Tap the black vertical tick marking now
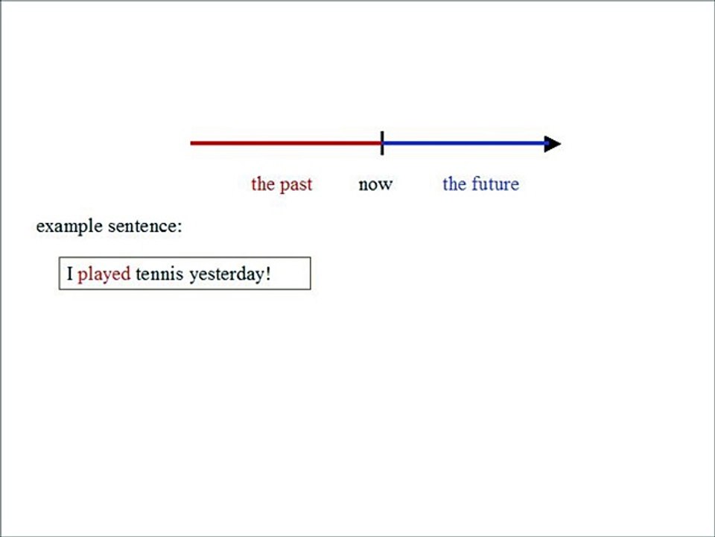(x=382, y=142)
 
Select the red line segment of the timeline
(x=286, y=142)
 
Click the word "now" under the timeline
(x=375, y=184)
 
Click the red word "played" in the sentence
(x=104, y=274)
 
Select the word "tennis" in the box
(x=159, y=274)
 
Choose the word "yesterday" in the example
(x=226, y=274)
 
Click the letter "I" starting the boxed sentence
(x=70, y=274)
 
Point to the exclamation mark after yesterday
(x=268, y=274)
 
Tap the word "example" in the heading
(x=69, y=226)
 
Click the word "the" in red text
(x=263, y=184)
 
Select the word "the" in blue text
(x=454, y=184)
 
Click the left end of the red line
(x=193, y=142)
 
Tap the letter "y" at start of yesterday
(x=194, y=275)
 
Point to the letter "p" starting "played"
(x=82, y=275)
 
